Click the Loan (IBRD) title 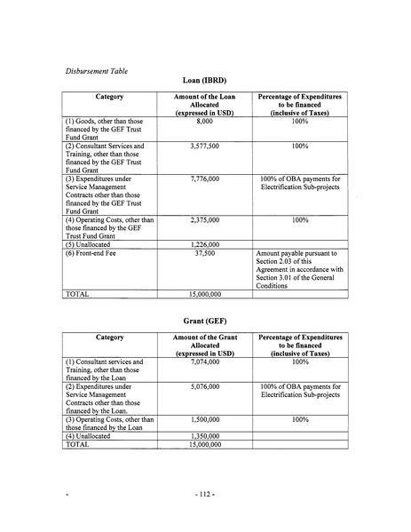(x=205, y=82)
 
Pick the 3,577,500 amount (x=205, y=145)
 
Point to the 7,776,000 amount (x=205, y=178)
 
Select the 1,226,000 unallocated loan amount (x=205, y=243)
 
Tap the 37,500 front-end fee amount (x=205, y=252)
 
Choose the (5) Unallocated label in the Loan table (x=88, y=243)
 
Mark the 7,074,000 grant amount (x=205, y=362)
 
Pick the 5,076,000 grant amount (x=205, y=387)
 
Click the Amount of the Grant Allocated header (x=205, y=345)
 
